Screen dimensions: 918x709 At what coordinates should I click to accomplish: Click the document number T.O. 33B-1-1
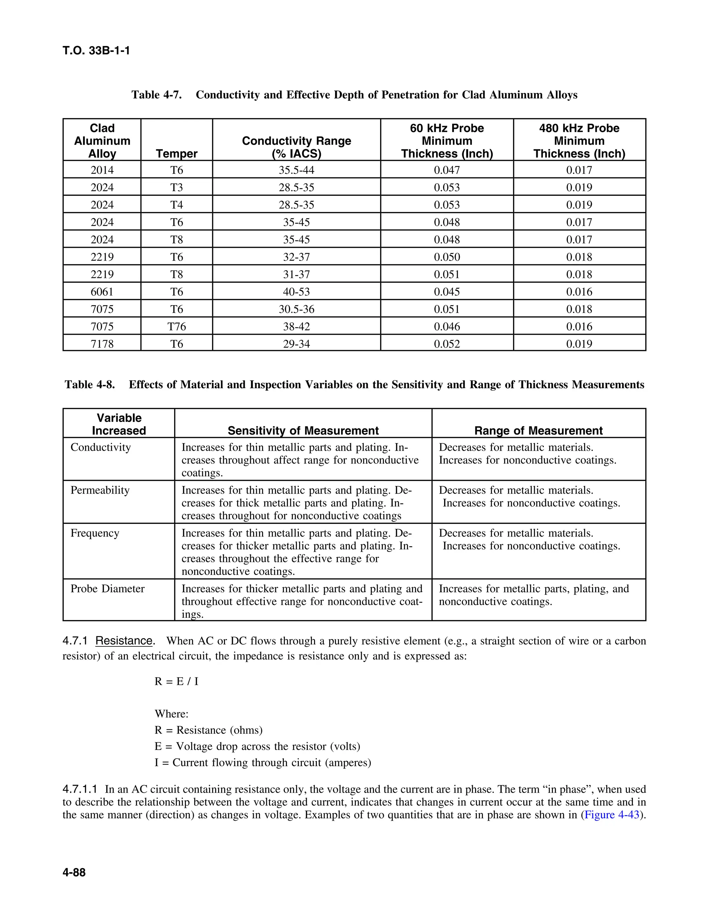pos(96,51)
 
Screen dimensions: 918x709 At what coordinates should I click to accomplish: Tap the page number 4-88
pos(74,873)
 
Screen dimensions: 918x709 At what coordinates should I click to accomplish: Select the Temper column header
pos(177,153)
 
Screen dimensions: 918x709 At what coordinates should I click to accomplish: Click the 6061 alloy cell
pos(102,292)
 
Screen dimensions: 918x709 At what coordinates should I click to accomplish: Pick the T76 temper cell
pos(177,327)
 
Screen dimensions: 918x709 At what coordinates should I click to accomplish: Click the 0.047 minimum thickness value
pos(447,170)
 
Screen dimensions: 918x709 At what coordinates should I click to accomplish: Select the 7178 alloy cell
pos(102,344)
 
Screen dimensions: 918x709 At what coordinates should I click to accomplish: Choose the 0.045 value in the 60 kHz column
pos(447,292)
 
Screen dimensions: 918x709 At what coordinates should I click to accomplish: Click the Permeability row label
pos(100,490)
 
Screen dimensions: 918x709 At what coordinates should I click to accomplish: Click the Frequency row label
pos(95,533)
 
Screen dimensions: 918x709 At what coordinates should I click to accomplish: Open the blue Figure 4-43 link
pos(612,815)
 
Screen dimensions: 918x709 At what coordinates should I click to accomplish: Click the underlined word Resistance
pos(124,641)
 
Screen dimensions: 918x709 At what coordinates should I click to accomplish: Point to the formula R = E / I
pos(177,681)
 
